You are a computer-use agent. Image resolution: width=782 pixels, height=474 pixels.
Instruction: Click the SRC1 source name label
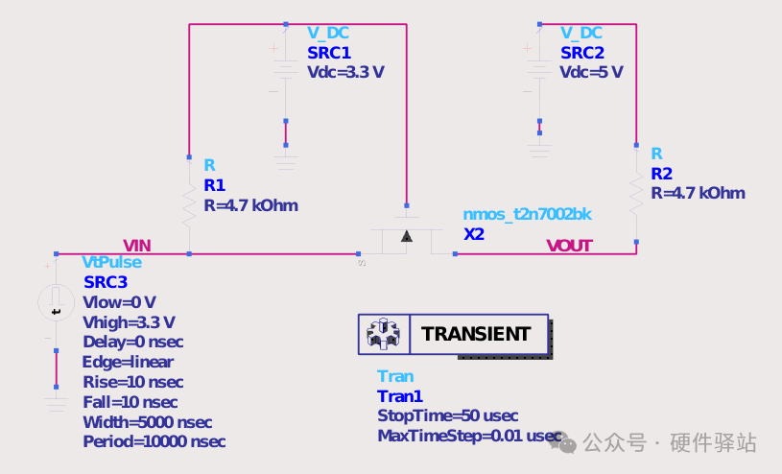tap(329, 53)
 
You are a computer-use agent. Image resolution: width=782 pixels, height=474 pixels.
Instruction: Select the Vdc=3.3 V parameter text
tap(345, 72)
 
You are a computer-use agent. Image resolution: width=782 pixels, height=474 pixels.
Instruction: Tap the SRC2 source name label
tap(582, 53)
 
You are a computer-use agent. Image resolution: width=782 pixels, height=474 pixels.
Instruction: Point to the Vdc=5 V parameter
tap(591, 72)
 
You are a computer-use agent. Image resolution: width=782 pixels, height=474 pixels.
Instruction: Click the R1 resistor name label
tap(215, 185)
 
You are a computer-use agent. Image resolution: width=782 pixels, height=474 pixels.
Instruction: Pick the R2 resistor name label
tap(662, 174)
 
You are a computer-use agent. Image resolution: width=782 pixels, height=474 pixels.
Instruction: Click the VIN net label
tap(136, 246)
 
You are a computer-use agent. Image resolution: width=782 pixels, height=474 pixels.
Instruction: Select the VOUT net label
tap(569, 246)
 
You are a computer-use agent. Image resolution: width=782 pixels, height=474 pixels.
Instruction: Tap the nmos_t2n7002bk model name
tap(527, 215)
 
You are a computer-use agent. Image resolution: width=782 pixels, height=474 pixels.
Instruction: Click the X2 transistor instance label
tap(474, 234)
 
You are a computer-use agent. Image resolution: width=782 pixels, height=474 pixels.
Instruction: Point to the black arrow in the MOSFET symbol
tap(407, 236)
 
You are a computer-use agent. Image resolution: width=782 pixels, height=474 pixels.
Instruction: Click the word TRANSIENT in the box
tap(475, 334)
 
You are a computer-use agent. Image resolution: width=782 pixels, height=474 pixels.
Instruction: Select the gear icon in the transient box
tap(383, 333)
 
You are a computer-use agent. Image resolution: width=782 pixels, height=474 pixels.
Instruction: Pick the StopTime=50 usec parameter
tap(447, 415)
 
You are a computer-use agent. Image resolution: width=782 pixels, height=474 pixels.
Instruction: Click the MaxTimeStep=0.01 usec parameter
tap(469, 436)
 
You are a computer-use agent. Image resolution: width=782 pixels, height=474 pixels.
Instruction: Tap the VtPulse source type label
tap(111, 263)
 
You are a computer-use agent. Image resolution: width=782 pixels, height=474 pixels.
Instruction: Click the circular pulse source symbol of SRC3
tap(57, 302)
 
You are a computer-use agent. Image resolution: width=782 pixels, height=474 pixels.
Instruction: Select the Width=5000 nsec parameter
tap(148, 422)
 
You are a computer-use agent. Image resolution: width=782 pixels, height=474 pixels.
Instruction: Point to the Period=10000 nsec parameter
tap(154, 442)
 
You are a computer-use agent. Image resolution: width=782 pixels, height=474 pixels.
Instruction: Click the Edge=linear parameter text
tap(129, 363)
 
